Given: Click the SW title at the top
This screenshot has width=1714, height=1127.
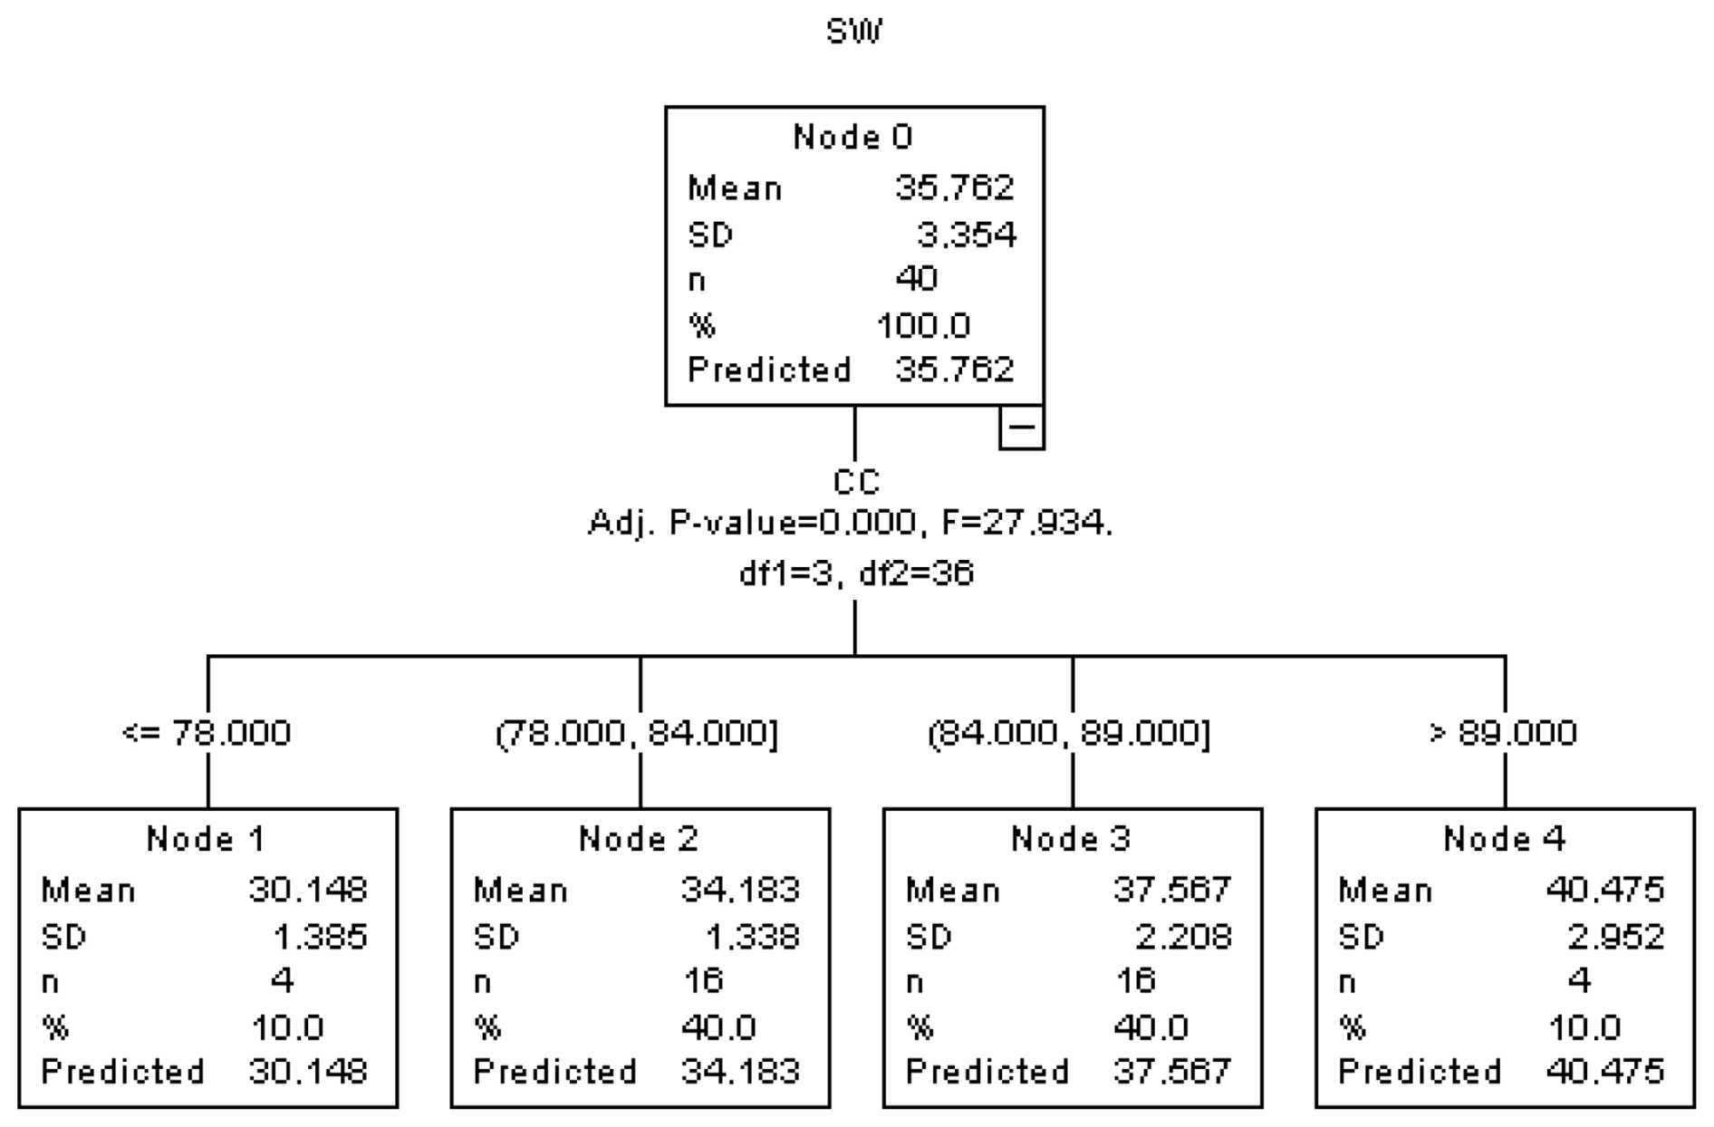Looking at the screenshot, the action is (854, 32).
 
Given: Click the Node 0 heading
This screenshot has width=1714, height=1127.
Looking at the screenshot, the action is (853, 137).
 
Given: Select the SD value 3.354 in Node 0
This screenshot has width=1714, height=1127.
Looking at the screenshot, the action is (966, 235).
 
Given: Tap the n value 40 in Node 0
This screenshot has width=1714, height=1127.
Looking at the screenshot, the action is (916, 278).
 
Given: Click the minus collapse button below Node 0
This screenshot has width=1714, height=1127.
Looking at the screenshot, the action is (1022, 428).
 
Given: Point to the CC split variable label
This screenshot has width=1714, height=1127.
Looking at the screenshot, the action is (856, 482).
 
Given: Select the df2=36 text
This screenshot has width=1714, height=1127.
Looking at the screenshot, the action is (916, 573).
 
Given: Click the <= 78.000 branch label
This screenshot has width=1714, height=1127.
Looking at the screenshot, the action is (207, 732).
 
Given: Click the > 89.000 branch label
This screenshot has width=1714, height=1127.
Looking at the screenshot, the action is (1503, 732).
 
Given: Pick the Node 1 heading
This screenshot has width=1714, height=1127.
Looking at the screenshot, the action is (206, 839).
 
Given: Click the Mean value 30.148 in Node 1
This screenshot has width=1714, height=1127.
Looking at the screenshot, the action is (308, 890).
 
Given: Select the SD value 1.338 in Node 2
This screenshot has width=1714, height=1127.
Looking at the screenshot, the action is (751, 936).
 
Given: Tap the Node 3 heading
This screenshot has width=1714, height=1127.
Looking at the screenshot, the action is (1071, 839).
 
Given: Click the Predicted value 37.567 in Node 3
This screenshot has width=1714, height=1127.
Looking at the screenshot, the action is (1172, 1072).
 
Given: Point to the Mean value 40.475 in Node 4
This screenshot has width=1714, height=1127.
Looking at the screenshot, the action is (1604, 890).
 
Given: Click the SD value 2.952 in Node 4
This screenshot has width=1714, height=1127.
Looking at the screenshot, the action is (1616, 936).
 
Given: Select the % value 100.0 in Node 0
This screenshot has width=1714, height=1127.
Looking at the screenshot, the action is (923, 324).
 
